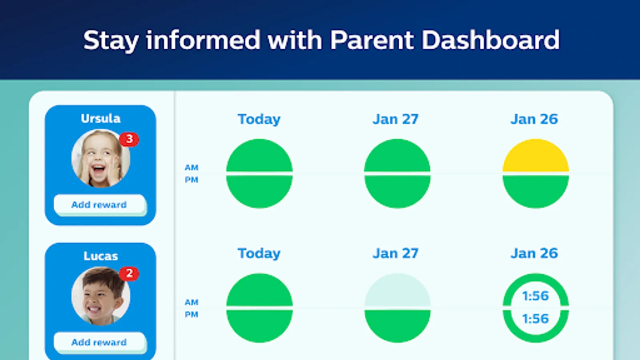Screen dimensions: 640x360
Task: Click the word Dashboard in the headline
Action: (x=490, y=40)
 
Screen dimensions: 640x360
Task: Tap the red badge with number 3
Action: (x=129, y=140)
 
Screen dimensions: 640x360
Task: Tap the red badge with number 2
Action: (x=129, y=274)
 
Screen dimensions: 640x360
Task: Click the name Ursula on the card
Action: (x=100, y=118)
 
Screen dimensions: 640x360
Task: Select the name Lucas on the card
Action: (x=100, y=256)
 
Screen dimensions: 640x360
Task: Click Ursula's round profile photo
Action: (x=100, y=158)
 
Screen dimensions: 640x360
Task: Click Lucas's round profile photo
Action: (x=100, y=296)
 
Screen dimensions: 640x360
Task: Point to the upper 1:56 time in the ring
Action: (x=536, y=296)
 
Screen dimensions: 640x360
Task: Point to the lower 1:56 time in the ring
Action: (x=536, y=318)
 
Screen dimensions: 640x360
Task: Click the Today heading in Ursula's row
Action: (x=259, y=120)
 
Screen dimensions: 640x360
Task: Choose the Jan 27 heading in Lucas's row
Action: (x=396, y=253)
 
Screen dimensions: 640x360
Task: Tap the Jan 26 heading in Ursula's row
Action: (x=534, y=119)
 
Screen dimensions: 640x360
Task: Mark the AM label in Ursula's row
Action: (x=192, y=168)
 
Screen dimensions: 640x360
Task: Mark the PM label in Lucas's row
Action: (x=192, y=314)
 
